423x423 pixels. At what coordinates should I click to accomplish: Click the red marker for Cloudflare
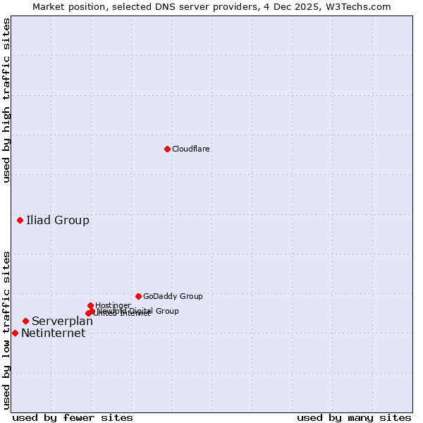(167, 149)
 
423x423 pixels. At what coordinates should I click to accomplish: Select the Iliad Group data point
(20, 221)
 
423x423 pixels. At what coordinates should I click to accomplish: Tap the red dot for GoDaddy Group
(138, 296)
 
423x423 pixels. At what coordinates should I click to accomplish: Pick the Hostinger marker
(91, 305)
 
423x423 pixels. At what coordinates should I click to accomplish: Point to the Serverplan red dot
(25, 321)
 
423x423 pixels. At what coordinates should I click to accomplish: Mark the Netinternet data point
(15, 333)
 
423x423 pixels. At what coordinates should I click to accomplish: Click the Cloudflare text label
(191, 149)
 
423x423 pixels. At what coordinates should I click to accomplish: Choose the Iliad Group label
(58, 221)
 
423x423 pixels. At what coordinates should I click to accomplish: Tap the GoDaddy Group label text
(173, 296)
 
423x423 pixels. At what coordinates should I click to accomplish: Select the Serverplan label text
(62, 321)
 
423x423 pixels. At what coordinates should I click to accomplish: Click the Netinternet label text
(53, 333)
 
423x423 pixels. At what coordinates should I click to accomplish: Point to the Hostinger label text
(113, 305)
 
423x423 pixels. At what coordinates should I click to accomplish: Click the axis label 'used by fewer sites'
(73, 417)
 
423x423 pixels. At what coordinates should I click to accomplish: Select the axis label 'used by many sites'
(354, 417)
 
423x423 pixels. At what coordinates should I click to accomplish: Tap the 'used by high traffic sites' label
(6, 100)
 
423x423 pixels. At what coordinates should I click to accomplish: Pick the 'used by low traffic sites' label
(6, 329)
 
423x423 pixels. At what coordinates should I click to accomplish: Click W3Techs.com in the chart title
(361, 6)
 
